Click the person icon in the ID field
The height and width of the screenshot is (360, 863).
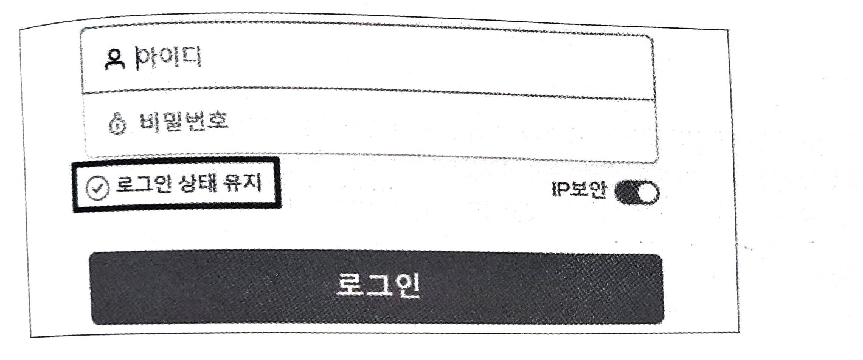(113, 60)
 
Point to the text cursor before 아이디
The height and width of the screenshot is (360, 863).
(137, 59)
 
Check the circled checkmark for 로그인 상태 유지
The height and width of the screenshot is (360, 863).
(95, 189)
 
